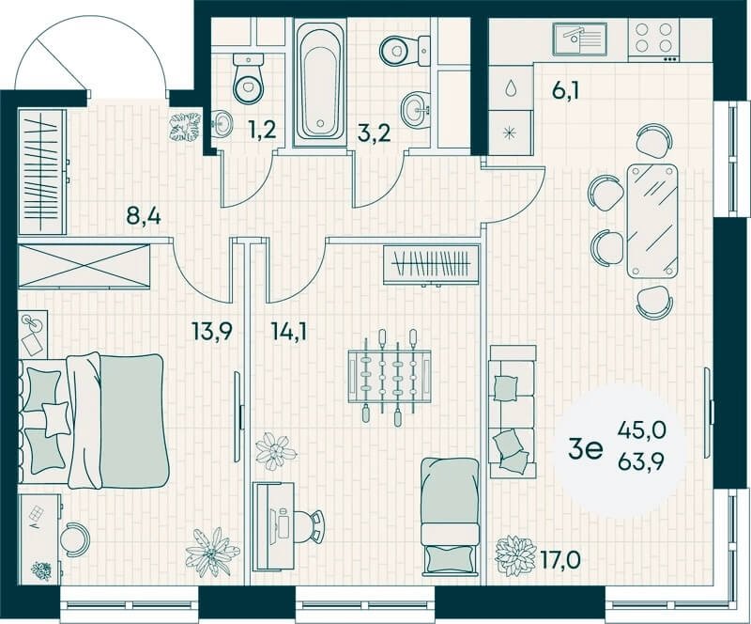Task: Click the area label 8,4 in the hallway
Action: point(144,216)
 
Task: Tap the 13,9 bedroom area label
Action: point(212,331)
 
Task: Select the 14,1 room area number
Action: point(289,331)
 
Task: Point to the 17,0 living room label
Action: point(560,559)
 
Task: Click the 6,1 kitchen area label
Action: point(566,90)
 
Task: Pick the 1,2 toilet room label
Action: point(263,130)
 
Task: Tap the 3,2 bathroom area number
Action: point(374,133)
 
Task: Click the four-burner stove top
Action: point(653,39)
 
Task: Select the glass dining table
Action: point(651,221)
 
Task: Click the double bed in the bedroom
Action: point(94,421)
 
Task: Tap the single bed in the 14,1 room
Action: point(451,516)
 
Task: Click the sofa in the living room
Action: point(511,411)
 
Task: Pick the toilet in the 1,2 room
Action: point(248,79)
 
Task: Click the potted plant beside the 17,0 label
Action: point(515,555)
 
